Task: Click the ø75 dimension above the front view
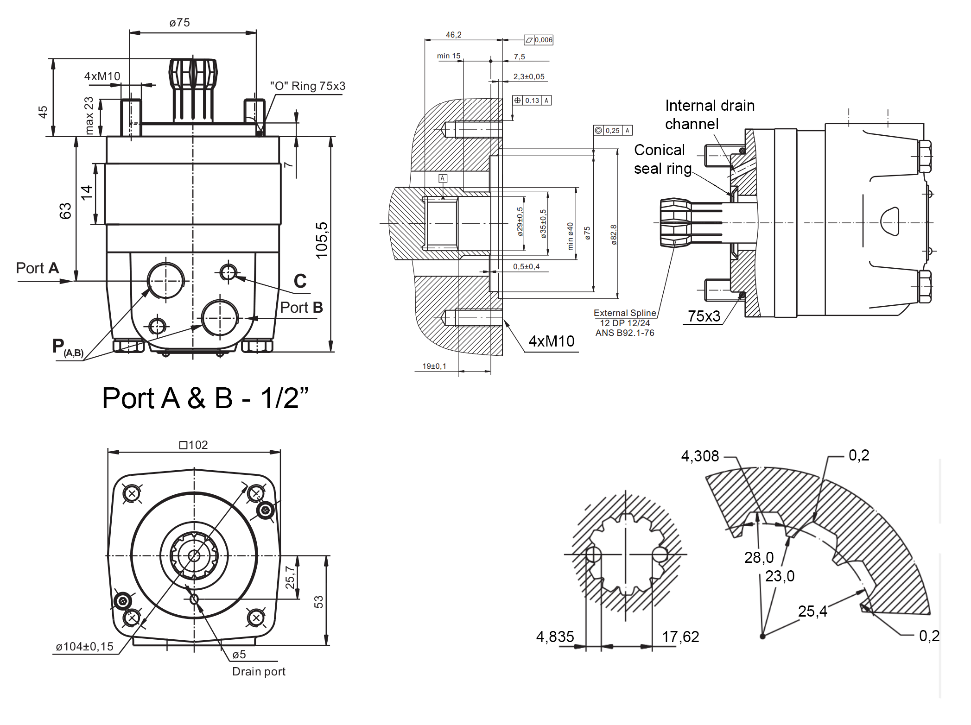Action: [x=179, y=23]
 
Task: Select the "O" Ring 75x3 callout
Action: [x=308, y=86]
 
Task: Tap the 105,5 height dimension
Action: [x=322, y=240]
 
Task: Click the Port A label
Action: [x=38, y=268]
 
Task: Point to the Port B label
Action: [x=301, y=308]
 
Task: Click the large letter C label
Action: [x=300, y=281]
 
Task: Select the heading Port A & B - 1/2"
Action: [x=205, y=398]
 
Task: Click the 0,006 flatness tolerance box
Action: [x=539, y=40]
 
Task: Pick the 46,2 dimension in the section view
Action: [x=453, y=35]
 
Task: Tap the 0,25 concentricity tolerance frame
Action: [x=613, y=131]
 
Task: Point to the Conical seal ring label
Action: [x=662, y=159]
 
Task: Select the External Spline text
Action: [x=625, y=313]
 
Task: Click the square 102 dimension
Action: [x=194, y=445]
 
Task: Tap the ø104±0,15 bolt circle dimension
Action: [x=84, y=647]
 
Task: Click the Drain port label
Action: [x=259, y=672]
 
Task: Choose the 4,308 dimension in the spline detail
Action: [x=700, y=456]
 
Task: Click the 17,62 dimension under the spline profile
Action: [x=680, y=637]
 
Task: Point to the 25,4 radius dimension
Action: [x=812, y=612]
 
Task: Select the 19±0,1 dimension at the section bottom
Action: [x=434, y=366]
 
